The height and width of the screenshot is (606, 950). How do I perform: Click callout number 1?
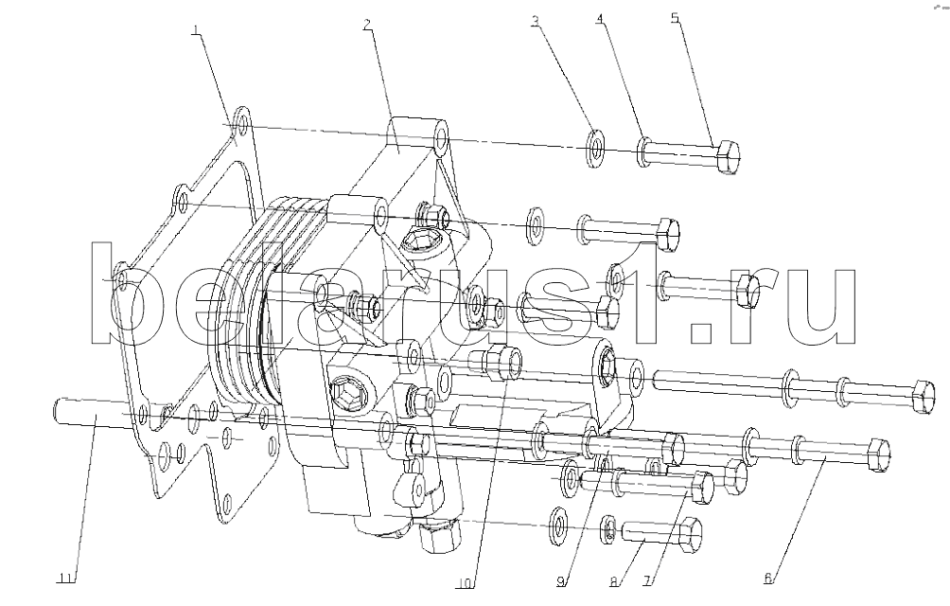click(x=195, y=31)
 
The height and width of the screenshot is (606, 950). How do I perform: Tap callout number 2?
click(x=367, y=25)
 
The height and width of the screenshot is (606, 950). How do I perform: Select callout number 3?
click(x=535, y=21)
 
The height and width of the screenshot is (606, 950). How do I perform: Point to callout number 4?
click(x=600, y=19)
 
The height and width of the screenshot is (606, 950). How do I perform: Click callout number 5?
click(x=676, y=18)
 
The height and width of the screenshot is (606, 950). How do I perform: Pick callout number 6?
click(x=768, y=579)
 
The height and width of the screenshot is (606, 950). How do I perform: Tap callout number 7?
click(x=647, y=581)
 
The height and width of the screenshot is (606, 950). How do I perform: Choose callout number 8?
click(x=614, y=581)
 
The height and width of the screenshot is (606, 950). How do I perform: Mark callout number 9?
click(x=561, y=581)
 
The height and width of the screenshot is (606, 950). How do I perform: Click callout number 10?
click(x=465, y=583)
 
